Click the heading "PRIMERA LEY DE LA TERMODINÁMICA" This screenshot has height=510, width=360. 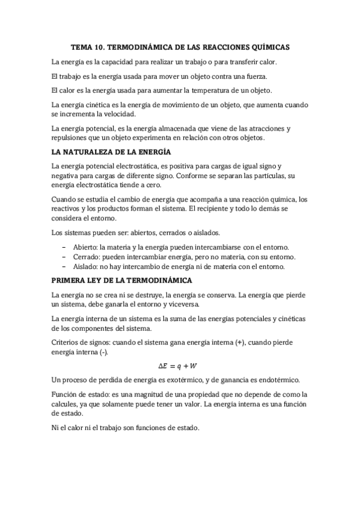coord(122,281)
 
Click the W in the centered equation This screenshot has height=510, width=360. coord(196,366)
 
